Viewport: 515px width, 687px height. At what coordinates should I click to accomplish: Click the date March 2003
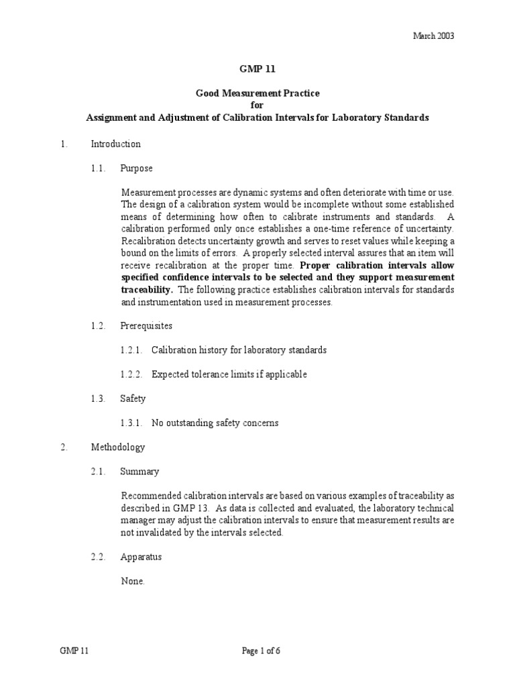[433, 36]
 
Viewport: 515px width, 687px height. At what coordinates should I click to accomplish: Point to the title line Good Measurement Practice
[257, 94]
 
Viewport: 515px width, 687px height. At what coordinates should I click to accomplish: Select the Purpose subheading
[136, 168]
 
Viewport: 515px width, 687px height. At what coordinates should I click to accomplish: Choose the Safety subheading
[132, 399]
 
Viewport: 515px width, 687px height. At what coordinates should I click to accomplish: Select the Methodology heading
[117, 447]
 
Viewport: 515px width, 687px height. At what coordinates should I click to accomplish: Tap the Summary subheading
[139, 471]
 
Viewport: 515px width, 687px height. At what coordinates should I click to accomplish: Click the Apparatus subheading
[141, 557]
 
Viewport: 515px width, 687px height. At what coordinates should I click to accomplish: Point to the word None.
[132, 581]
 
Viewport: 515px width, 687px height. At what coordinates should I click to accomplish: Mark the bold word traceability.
[147, 290]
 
